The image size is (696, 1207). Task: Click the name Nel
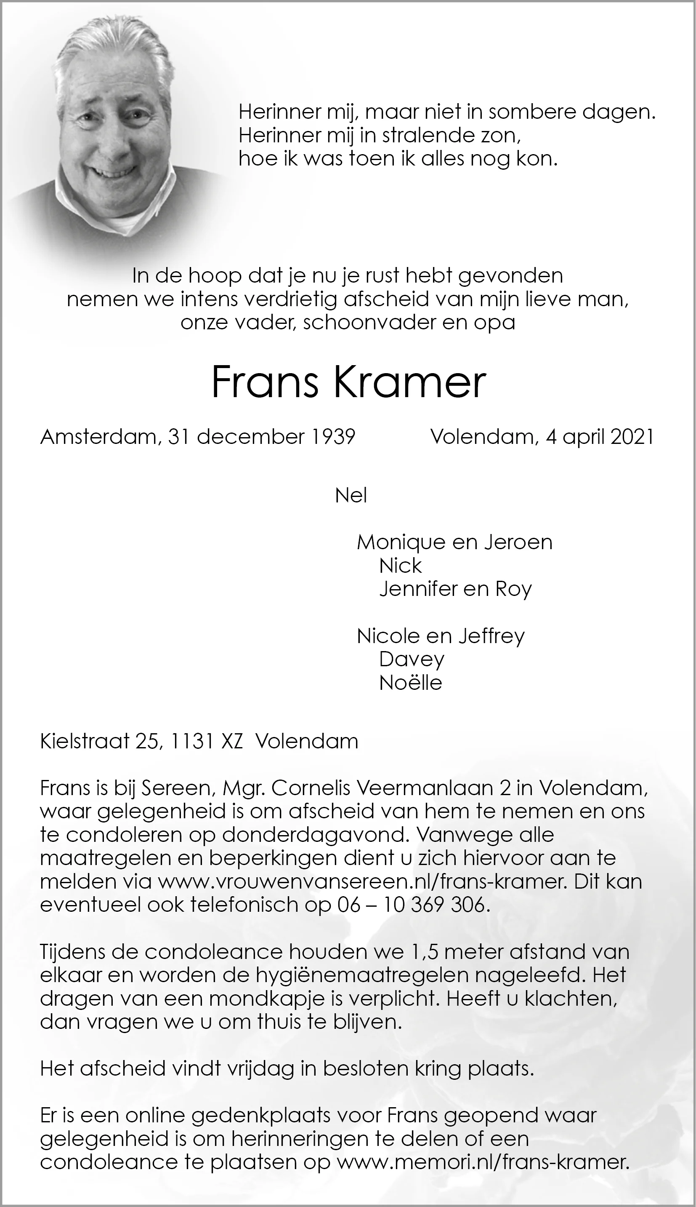pos(351,496)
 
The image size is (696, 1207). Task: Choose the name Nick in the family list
pos(400,566)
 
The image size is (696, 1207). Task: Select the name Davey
pos(412,659)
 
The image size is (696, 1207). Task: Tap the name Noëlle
pos(410,683)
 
